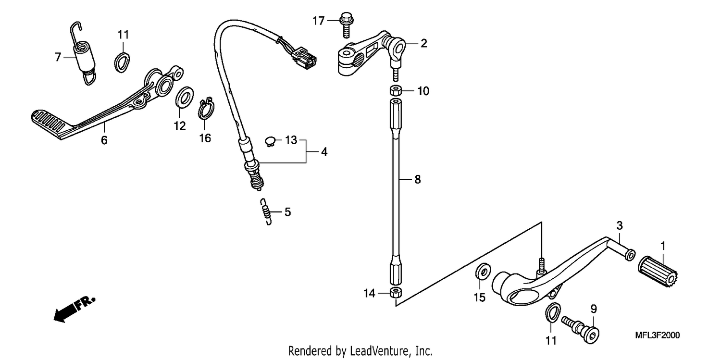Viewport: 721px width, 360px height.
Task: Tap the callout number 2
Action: coord(423,43)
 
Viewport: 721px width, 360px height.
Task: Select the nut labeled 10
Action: coord(396,90)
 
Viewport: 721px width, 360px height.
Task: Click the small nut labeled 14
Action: coord(396,293)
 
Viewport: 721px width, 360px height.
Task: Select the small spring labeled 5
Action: coord(266,211)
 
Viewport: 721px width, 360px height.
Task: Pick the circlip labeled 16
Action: coord(206,108)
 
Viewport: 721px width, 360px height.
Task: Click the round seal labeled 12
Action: coord(185,97)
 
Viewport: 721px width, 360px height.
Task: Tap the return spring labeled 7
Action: coord(83,53)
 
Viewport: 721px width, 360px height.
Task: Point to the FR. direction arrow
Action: coord(75,309)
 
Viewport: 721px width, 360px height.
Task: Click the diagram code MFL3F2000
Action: coord(657,335)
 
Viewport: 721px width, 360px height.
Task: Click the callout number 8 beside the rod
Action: coord(418,179)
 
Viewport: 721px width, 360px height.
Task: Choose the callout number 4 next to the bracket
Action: coord(324,151)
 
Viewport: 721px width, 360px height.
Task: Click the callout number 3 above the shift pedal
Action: coord(619,225)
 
